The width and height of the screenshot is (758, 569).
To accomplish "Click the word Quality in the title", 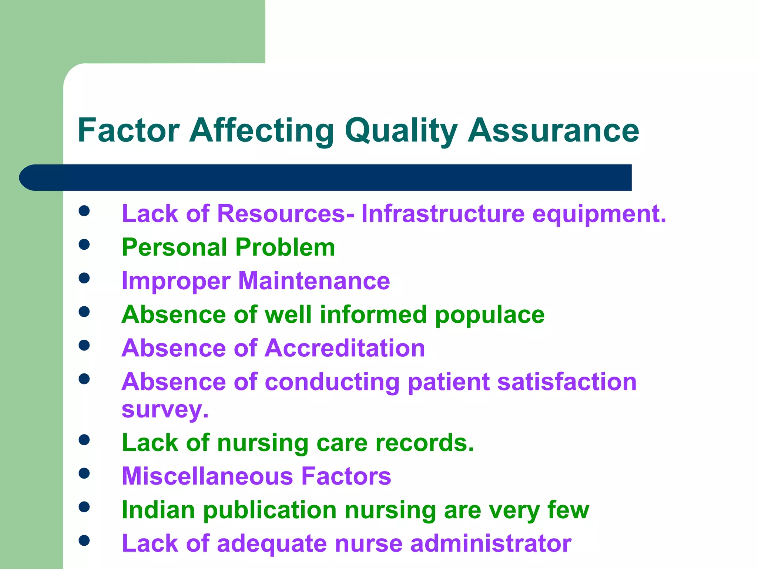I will tap(401, 130).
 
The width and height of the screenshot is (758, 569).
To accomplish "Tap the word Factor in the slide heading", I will tap(129, 130).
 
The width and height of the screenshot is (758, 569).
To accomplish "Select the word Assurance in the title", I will tap(553, 130).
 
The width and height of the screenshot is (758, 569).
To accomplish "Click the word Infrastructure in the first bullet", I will tap(443, 214).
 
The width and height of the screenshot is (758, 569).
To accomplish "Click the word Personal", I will tap(174, 247).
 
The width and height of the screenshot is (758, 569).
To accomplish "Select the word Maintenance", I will tap(314, 281).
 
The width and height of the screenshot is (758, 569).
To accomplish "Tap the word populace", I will tap(490, 315).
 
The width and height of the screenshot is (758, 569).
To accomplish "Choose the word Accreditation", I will tap(345, 348).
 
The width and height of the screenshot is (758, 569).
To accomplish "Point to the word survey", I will tap(165, 410).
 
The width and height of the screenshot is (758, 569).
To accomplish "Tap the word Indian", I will tap(158, 510).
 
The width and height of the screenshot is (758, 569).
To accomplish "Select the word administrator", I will tap(491, 543).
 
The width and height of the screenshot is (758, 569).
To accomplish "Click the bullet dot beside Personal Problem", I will tap(84, 244).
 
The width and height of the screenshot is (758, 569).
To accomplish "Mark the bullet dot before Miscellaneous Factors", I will tap(84, 473).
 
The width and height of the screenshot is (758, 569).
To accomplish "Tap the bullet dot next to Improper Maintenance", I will tap(84, 278).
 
